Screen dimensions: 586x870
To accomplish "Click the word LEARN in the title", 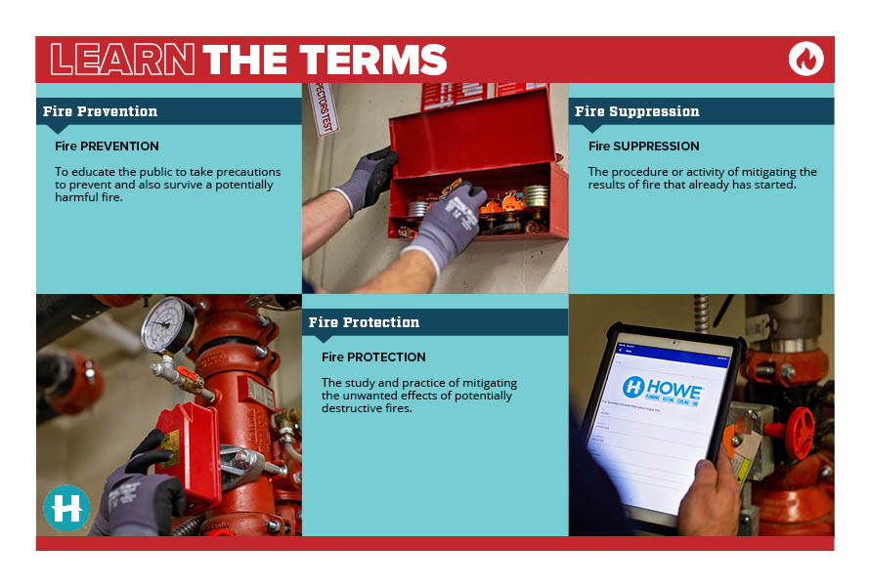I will coord(122,60).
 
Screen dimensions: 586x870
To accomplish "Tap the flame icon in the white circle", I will coord(805,59).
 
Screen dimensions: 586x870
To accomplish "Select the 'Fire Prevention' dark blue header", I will coord(100,111).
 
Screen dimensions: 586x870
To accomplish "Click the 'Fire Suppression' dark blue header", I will coord(637,111).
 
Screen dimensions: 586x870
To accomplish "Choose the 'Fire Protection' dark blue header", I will coord(364,322).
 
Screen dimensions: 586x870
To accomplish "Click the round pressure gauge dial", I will coord(167,325).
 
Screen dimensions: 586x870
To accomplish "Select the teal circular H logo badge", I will coord(66,508).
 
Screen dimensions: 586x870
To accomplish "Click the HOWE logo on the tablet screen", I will coord(663,390).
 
